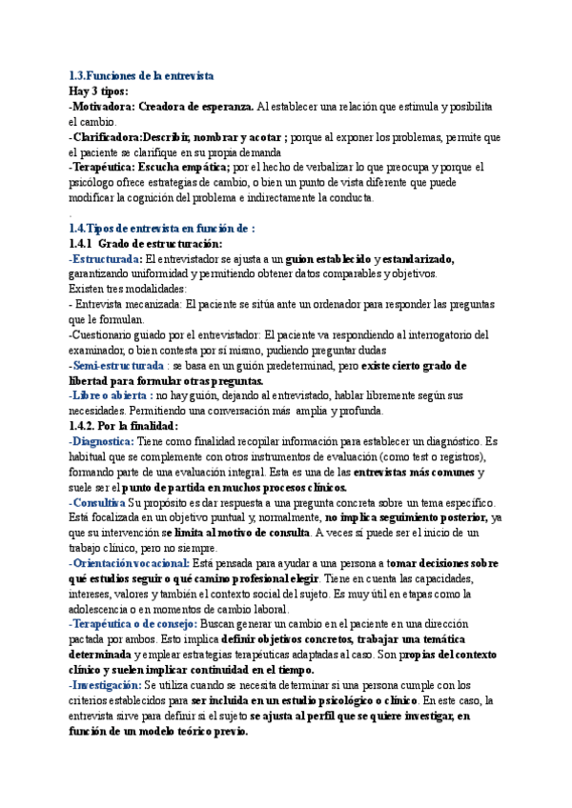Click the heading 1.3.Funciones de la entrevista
(x=141, y=74)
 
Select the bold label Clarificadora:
(x=112, y=137)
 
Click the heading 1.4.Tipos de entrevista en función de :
(x=162, y=229)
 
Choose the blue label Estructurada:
(x=106, y=259)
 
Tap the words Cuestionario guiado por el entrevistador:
(x=166, y=335)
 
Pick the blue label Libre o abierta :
(x=112, y=395)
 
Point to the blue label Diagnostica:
(x=105, y=441)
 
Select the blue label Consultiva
(x=99, y=502)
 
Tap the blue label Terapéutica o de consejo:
(x=133, y=624)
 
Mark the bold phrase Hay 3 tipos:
(x=99, y=91)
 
